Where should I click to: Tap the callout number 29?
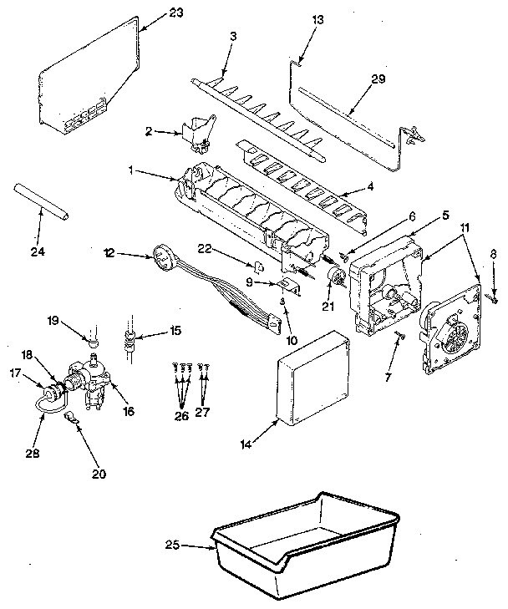[x=379, y=79]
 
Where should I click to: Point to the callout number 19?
[x=75, y=318]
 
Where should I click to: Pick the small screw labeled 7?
[x=399, y=336]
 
